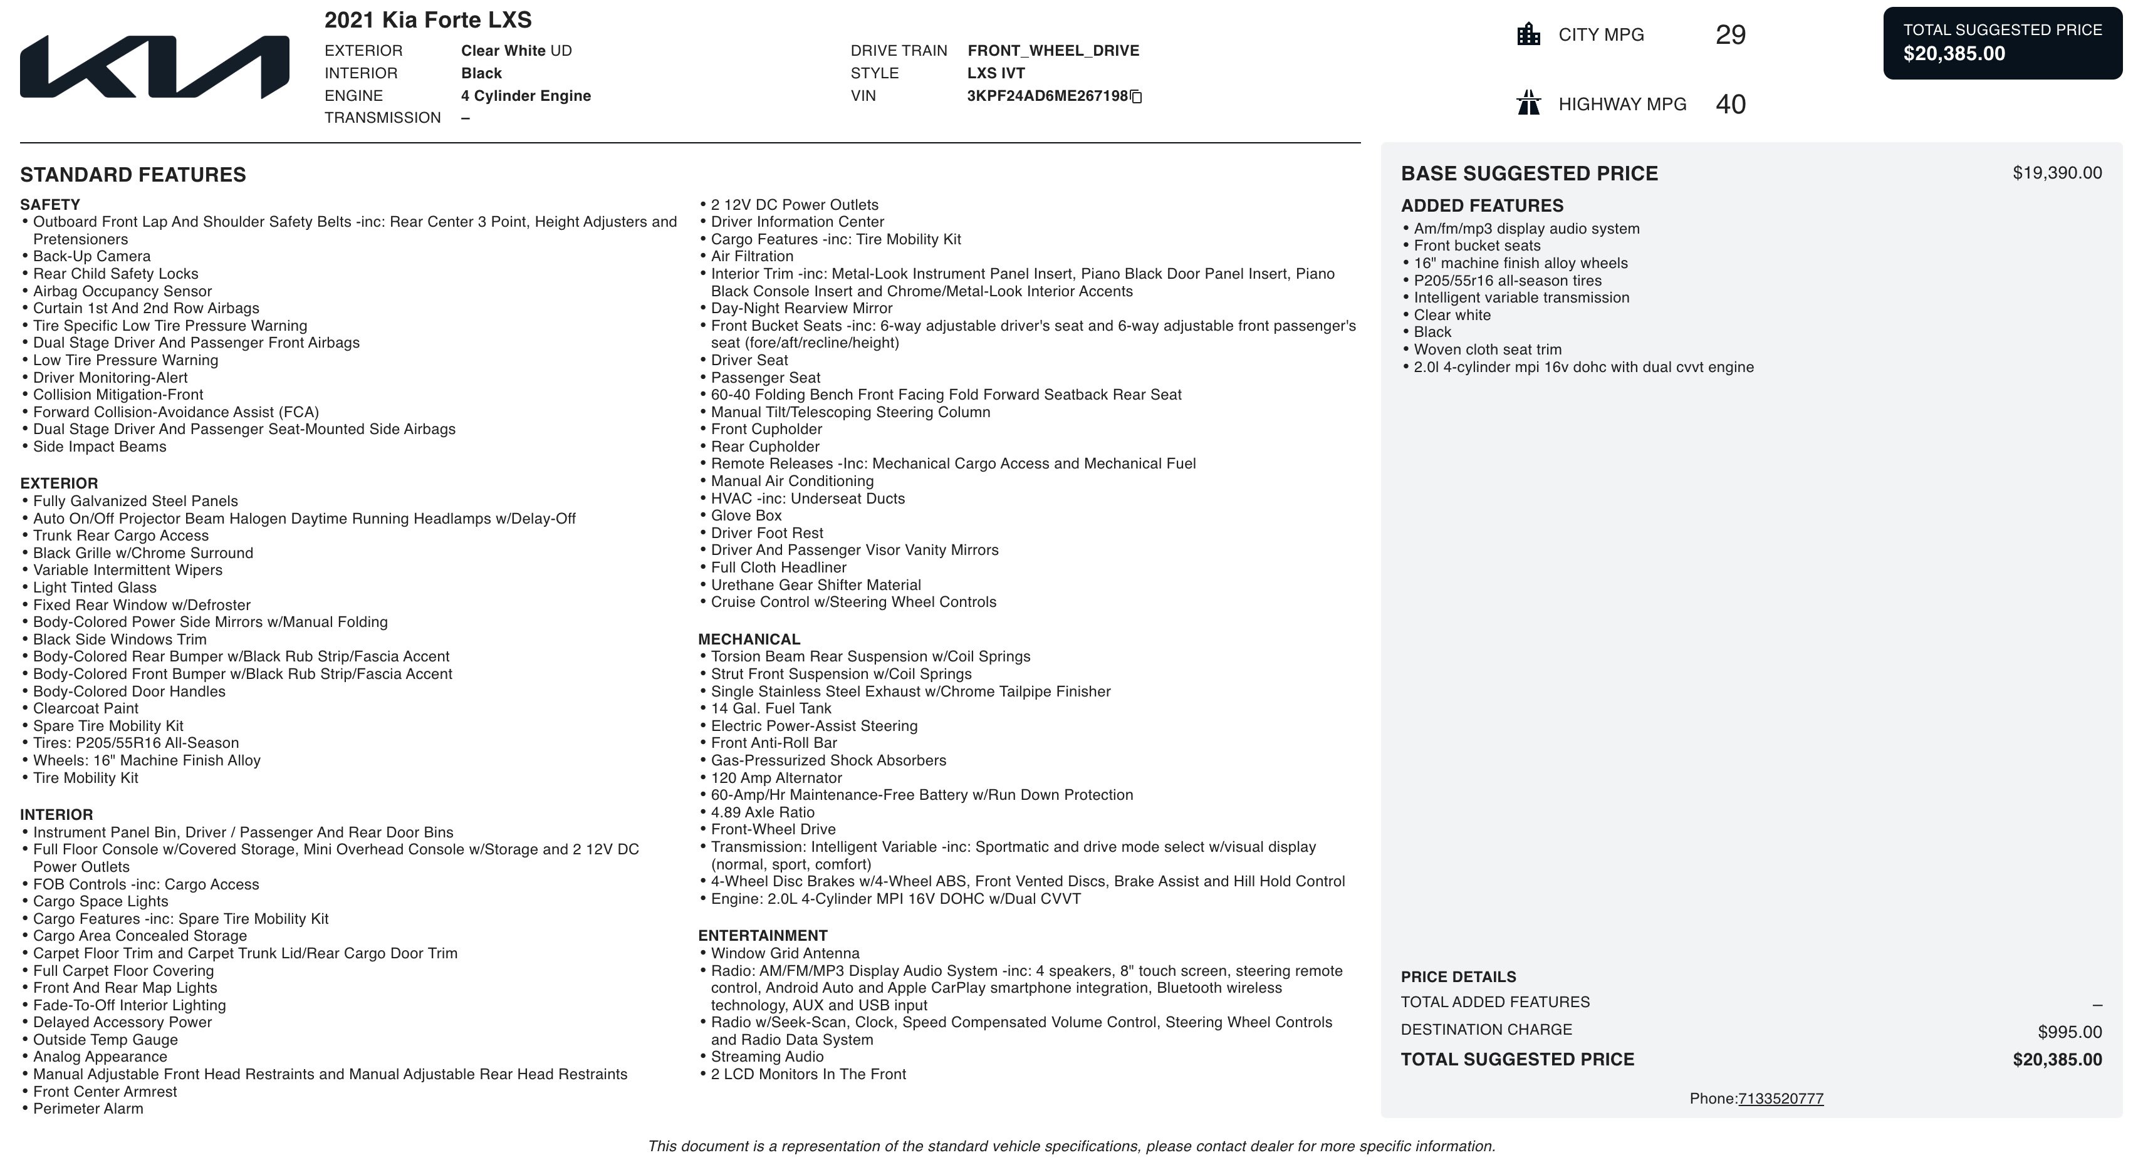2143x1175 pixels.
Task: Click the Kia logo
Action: (155, 66)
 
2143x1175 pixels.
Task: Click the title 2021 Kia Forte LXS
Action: (427, 20)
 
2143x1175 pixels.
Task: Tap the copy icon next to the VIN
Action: (1137, 96)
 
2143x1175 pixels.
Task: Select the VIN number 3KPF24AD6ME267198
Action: (1046, 96)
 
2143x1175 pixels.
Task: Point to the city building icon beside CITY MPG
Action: (1528, 35)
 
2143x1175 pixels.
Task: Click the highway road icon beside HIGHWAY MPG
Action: (1528, 103)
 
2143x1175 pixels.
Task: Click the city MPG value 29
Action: (1730, 35)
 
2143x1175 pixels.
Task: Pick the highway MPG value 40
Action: (1730, 104)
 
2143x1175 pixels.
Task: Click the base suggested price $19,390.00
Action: (2057, 173)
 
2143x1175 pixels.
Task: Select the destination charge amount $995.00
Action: (2069, 1032)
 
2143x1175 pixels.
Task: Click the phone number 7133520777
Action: (1780, 1099)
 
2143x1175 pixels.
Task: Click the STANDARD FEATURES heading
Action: (133, 175)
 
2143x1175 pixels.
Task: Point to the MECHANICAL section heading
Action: (749, 639)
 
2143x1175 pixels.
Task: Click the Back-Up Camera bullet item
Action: (91, 256)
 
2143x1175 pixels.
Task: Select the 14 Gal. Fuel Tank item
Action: (770, 708)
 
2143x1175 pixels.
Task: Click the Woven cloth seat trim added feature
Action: (1488, 349)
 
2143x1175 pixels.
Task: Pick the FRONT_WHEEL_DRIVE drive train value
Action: (1053, 51)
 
